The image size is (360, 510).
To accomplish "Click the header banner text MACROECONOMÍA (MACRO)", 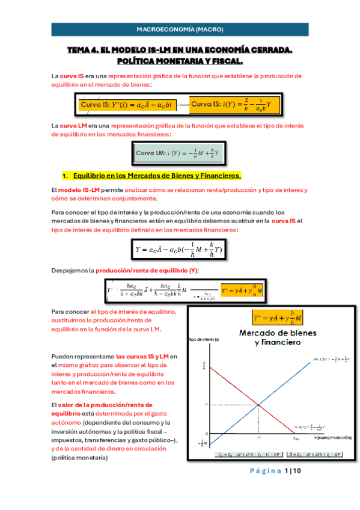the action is coord(180,28).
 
